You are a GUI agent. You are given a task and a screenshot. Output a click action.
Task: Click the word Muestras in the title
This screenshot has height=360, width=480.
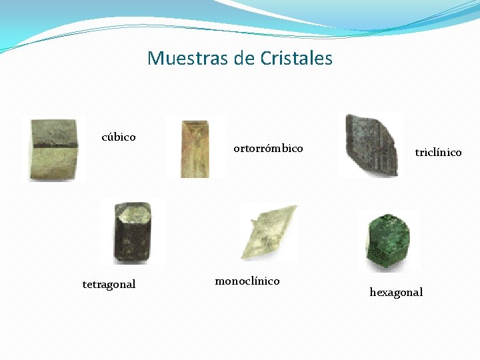coord(188,59)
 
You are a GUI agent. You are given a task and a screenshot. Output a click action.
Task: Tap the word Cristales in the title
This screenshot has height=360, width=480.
coord(297,59)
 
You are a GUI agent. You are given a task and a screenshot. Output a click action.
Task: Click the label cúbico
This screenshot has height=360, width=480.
coord(119,137)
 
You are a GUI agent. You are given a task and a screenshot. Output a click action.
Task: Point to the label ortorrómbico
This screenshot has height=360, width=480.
coord(268,148)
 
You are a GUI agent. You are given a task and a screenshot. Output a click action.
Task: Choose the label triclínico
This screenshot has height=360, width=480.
coord(438,153)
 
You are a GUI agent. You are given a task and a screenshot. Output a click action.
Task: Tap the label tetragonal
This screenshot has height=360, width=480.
coord(109,285)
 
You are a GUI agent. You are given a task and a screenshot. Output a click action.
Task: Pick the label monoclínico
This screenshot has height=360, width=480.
coord(247,281)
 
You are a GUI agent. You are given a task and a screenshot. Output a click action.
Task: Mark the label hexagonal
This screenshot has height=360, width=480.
coord(396,293)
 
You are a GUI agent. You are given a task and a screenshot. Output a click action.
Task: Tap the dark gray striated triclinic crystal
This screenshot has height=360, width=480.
coord(371,145)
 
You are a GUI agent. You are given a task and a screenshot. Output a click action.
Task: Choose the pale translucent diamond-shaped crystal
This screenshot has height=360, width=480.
coord(268,233)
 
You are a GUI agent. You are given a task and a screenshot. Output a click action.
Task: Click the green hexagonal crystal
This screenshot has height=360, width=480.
coord(389,241)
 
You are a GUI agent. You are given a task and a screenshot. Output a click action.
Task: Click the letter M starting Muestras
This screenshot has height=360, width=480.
coord(155,59)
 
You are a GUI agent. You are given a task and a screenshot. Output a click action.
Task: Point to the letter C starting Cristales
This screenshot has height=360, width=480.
coord(266,59)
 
